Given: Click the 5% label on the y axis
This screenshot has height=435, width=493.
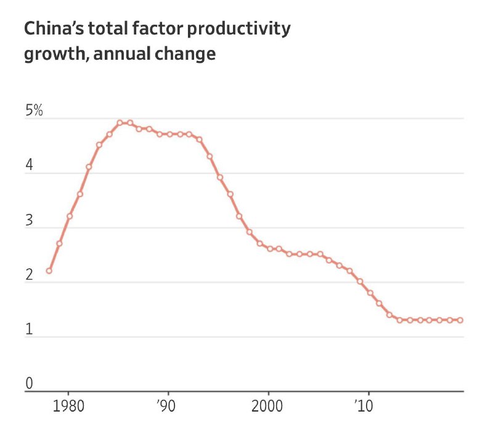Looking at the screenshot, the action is pos(34,110).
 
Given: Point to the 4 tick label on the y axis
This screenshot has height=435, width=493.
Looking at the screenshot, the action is pos(29,165).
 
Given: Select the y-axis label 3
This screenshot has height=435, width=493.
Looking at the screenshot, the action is pos(29,220).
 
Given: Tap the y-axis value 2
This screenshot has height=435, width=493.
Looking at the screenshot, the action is pos(29,275).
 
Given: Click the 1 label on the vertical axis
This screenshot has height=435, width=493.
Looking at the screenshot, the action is pos(29,329).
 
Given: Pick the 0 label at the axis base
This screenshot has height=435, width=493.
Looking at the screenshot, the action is pos(29,383).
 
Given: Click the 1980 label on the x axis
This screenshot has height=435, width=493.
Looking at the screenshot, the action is pos(68,406).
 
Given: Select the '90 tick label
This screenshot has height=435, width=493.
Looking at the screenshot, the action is pos(166,406).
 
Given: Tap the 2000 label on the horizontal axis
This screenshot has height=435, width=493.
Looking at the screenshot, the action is pos(267,406).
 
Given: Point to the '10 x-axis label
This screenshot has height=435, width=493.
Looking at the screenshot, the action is pos(364,406).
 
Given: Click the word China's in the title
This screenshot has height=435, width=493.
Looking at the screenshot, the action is pos(54,28).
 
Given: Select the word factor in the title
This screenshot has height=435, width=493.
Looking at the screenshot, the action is pos(158,28).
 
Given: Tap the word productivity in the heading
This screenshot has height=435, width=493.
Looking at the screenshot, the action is pos(239,29).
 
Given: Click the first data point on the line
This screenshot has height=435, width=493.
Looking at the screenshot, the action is pos(49,270).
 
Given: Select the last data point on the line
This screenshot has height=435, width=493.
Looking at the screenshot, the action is pos(460,320).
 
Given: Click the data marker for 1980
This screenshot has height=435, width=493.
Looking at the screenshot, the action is pos(70,216).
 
